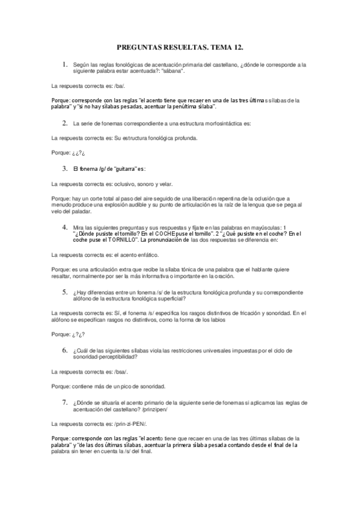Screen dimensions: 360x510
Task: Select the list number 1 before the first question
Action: click(x=64, y=63)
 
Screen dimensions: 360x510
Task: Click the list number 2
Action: click(x=64, y=123)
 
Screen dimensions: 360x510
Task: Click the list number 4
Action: click(x=64, y=227)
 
